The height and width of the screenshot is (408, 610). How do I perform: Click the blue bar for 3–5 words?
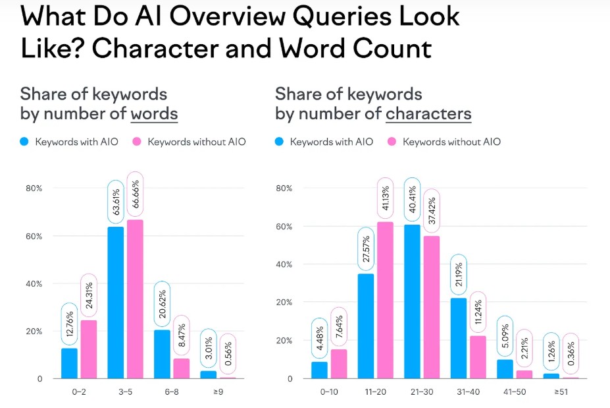pos(115,303)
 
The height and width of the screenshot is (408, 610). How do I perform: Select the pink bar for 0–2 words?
pos(88,349)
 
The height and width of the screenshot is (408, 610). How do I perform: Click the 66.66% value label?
pos(135,195)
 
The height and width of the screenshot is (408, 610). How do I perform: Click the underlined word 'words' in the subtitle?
pos(154,113)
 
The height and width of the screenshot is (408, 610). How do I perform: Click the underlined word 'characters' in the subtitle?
pos(428,113)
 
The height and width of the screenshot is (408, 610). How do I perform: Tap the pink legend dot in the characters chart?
pos(392,142)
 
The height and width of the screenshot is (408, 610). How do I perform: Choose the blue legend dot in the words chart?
pos(24,142)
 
